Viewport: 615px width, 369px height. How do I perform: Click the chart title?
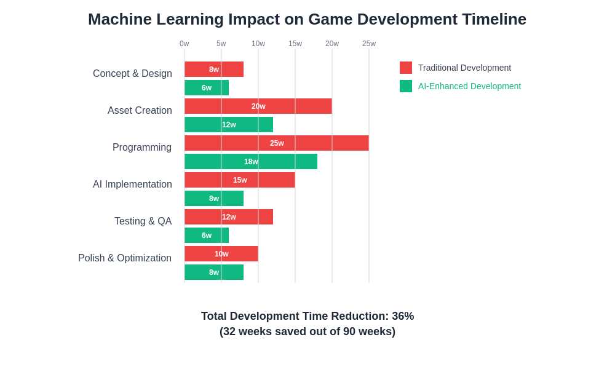(x=307, y=19)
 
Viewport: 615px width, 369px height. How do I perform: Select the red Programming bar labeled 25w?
(x=277, y=143)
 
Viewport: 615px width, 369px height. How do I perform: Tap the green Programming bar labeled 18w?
(x=251, y=162)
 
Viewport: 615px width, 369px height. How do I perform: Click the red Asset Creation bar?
(x=258, y=106)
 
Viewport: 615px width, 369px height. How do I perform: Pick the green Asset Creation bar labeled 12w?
(x=229, y=125)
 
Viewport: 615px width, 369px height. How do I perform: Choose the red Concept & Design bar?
(x=214, y=69)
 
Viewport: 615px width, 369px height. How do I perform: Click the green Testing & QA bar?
(x=207, y=236)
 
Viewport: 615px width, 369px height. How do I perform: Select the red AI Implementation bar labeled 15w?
(x=240, y=180)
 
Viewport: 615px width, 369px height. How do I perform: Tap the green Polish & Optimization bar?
(x=214, y=272)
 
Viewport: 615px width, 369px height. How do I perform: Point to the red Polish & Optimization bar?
(x=221, y=254)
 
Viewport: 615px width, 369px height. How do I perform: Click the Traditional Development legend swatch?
(x=406, y=68)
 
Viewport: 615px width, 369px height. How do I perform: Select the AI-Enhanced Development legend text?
(x=469, y=86)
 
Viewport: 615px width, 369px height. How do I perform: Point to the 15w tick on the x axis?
(x=295, y=44)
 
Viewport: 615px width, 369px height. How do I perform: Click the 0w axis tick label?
(x=184, y=44)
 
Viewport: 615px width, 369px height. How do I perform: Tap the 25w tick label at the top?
(x=369, y=44)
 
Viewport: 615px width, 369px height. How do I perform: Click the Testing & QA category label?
(x=143, y=221)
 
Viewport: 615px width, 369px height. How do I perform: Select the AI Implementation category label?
(x=132, y=184)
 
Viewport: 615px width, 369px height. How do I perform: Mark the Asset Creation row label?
(x=140, y=111)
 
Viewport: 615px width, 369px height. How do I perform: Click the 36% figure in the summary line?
(x=403, y=316)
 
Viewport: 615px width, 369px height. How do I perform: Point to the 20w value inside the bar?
(x=258, y=106)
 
